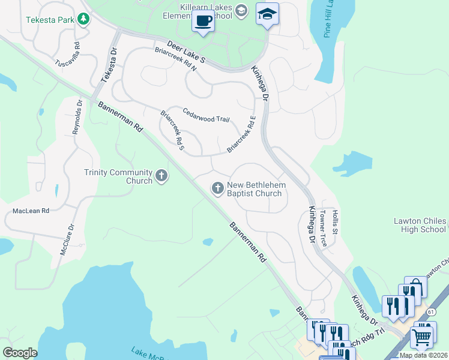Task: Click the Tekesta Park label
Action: (50, 20)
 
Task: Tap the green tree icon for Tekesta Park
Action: (83, 20)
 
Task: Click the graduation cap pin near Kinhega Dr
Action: (267, 14)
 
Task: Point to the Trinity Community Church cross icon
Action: (161, 176)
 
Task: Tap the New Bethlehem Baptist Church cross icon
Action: (217, 189)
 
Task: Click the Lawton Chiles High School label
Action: (420, 225)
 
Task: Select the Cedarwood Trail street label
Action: (206, 115)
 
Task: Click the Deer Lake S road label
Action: (186, 53)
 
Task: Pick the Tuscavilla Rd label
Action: (68, 55)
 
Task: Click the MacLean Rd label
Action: (31, 211)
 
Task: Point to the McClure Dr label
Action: (67, 240)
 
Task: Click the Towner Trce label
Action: (323, 229)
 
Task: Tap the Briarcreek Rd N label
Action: (175, 59)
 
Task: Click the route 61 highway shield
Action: (432, 312)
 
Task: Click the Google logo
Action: (20, 352)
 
